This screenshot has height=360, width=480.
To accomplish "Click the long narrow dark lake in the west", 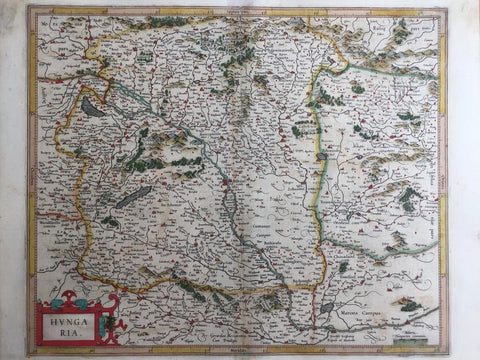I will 132,197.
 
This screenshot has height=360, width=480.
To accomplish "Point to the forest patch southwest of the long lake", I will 110,221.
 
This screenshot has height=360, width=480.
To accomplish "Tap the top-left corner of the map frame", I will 30,10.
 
